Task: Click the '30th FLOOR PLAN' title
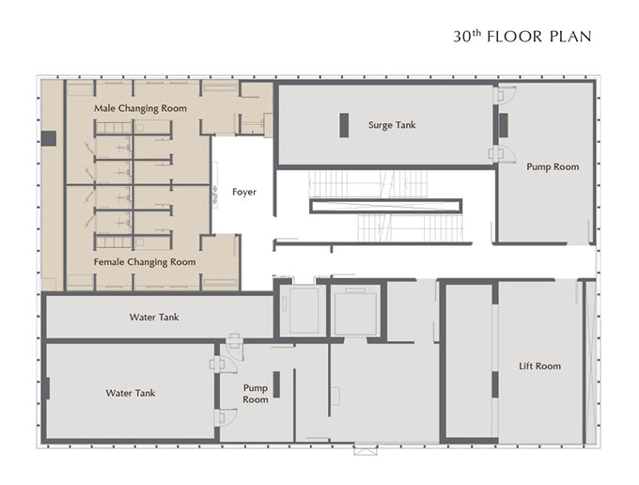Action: (x=522, y=37)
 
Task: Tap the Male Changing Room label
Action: (x=140, y=108)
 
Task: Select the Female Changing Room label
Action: (x=145, y=262)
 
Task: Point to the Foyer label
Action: (x=244, y=192)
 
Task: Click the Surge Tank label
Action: (x=392, y=125)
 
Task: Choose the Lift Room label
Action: (x=539, y=366)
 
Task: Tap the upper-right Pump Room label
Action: (x=553, y=166)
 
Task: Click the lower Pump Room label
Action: (x=256, y=394)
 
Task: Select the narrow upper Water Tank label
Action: (x=154, y=317)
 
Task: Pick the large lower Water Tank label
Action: (x=131, y=393)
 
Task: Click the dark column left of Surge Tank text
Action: (x=344, y=125)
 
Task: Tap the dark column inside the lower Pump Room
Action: (x=276, y=384)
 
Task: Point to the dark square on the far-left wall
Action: (x=49, y=138)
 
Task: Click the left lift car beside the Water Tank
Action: (x=304, y=310)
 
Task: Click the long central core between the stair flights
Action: (x=385, y=206)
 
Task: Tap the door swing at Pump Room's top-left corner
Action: (x=506, y=95)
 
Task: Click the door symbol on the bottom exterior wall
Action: (x=366, y=450)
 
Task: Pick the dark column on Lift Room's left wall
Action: (x=495, y=384)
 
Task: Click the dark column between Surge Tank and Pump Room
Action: (x=504, y=126)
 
